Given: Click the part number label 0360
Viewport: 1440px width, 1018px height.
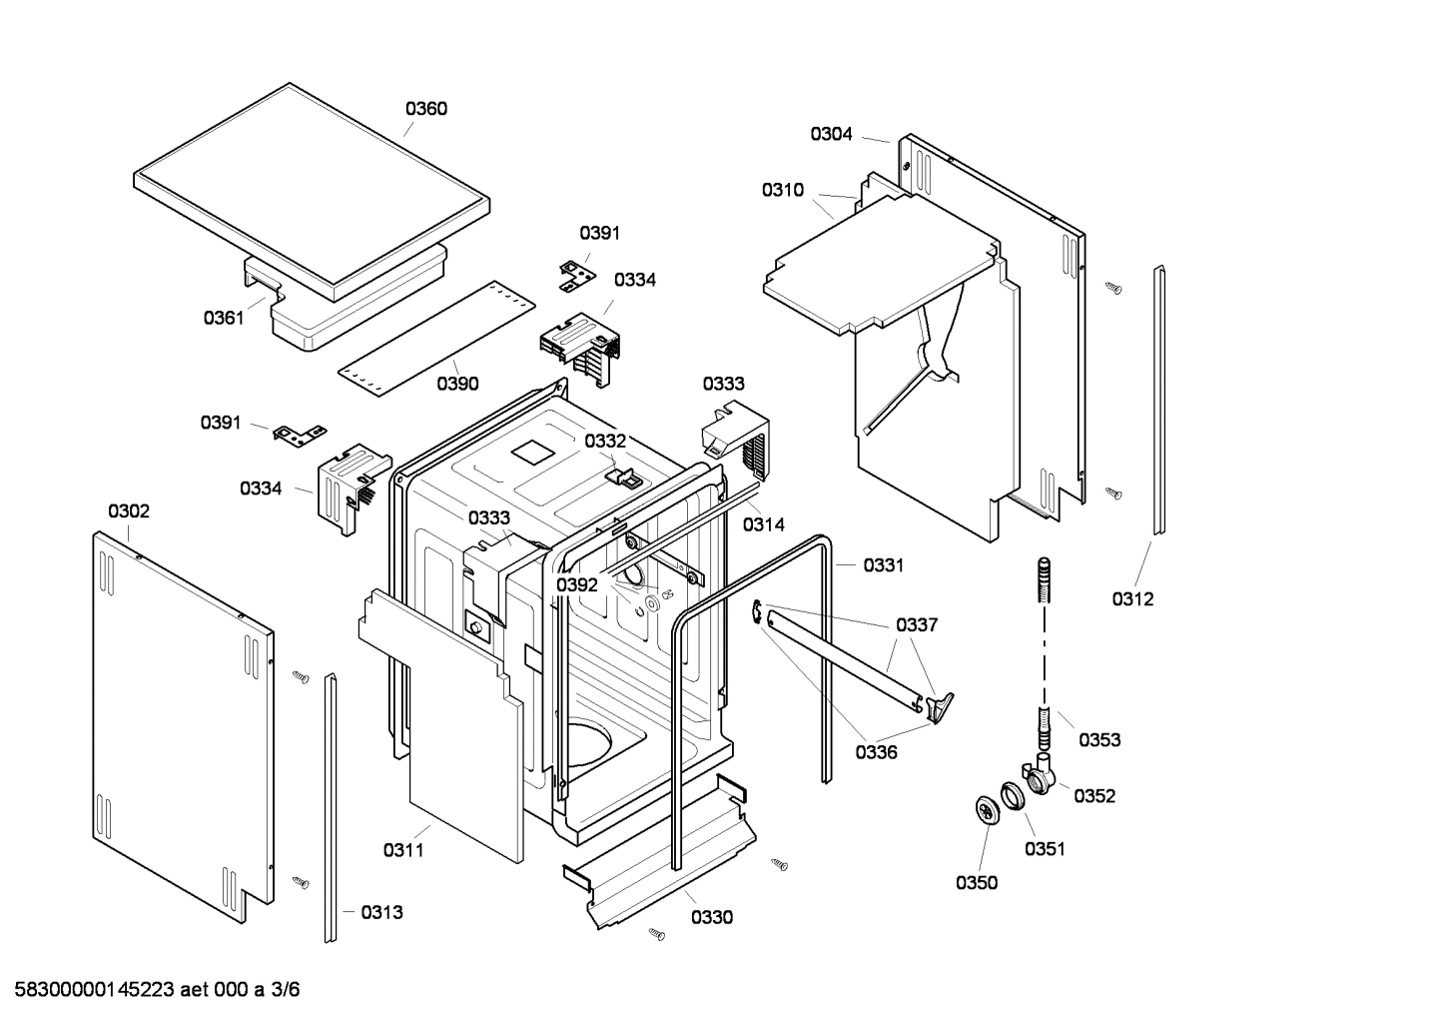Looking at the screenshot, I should [x=425, y=109].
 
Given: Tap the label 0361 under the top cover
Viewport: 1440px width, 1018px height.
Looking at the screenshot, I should [x=225, y=318].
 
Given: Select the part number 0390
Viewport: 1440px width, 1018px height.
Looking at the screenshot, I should [x=457, y=383].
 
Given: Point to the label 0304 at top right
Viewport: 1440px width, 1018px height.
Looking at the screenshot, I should [x=831, y=134].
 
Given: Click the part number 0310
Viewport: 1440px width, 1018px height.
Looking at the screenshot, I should [x=782, y=190].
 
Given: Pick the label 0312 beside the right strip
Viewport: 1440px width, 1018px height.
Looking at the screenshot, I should [x=1132, y=598].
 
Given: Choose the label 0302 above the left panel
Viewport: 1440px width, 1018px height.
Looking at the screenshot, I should [x=129, y=511].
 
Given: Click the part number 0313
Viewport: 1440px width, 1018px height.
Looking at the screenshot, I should [x=381, y=912].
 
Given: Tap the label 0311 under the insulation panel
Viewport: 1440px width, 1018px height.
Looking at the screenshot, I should [x=403, y=850].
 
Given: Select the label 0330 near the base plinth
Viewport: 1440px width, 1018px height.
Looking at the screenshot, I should [x=711, y=917].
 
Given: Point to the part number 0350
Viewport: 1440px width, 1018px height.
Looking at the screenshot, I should [x=976, y=882].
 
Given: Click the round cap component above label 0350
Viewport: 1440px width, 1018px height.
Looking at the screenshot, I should [x=986, y=811].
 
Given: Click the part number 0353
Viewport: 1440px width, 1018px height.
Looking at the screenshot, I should [x=1099, y=739].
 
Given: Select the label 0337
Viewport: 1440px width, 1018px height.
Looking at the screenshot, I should [x=917, y=624].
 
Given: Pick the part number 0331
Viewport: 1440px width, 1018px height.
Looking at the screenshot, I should [x=883, y=565].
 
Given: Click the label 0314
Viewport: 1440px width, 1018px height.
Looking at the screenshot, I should [x=764, y=524].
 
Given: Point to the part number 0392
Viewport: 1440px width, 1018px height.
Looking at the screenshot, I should [x=577, y=584].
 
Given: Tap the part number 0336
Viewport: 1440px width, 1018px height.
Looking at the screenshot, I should [x=876, y=752].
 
